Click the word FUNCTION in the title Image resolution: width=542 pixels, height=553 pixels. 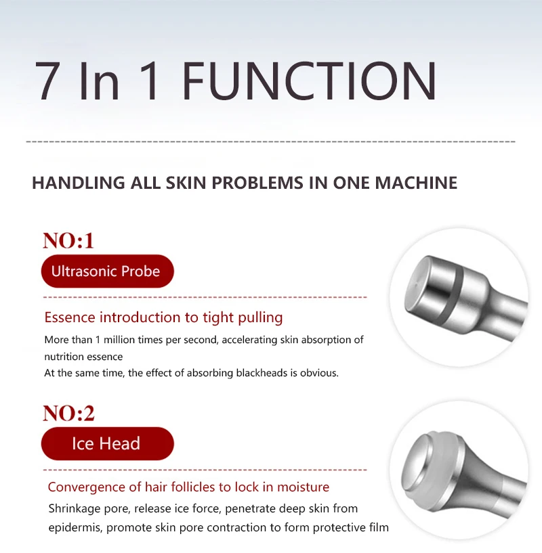coord(310,81)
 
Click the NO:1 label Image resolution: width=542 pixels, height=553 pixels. coord(68,240)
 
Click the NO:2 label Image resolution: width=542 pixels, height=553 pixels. coord(68,413)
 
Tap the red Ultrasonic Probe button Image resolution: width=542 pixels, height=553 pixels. coord(106,271)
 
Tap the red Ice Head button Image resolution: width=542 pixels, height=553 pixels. coord(106,444)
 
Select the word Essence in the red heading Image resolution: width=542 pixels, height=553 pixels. coord(70,317)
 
